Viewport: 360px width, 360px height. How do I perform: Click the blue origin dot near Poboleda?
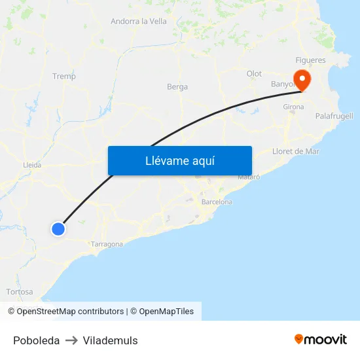click(x=58, y=228)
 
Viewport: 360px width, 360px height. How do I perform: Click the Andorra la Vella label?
click(x=139, y=21)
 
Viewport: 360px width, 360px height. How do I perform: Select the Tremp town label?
click(x=64, y=76)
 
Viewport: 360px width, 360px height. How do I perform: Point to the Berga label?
click(x=177, y=86)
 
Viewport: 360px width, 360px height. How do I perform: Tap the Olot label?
click(x=254, y=74)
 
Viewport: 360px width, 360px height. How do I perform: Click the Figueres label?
click(x=310, y=60)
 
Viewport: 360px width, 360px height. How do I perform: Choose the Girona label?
click(x=293, y=107)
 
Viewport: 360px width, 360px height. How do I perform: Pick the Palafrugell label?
click(x=334, y=116)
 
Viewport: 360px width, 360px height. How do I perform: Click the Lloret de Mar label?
click(x=296, y=151)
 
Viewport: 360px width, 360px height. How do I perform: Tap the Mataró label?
click(x=249, y=177)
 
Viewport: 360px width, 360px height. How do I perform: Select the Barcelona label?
click(x=217, y=202)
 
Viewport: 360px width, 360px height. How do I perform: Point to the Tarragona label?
click(x=107, y=244)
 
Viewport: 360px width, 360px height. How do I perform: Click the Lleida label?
click(x=32, y=165)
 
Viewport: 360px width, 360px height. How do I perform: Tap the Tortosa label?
click(x=19, y=291)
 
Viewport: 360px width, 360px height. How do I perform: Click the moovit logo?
click(x=321, y=339)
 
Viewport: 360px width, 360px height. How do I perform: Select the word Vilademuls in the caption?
click(x=110, y=340)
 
